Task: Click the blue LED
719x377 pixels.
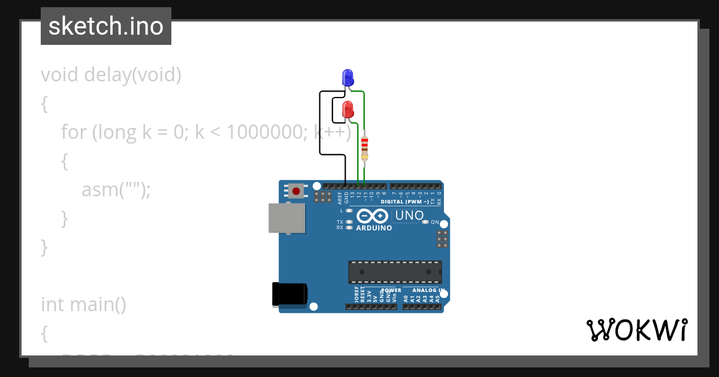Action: (348, 77)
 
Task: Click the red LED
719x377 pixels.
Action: (348, 110)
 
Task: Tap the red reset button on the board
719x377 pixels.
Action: (296, 191)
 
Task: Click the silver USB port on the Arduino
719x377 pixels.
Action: (286, 218)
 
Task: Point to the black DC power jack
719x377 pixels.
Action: (289, 294)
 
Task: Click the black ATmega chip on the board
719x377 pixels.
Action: (395, 272)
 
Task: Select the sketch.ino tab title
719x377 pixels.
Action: (106, 26)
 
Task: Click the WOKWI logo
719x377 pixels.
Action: (636, 330)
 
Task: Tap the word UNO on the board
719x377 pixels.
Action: (410, 215)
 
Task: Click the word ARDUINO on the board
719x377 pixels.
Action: (374, 228)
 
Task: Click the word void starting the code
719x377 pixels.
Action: (60, 75)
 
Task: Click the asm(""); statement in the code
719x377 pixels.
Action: (116, 190)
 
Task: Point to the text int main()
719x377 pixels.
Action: (83, 305)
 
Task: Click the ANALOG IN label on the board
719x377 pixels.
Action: (428, 290)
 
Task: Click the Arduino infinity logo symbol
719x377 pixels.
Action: (372, 216)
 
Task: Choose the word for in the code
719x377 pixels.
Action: (74, 132)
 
